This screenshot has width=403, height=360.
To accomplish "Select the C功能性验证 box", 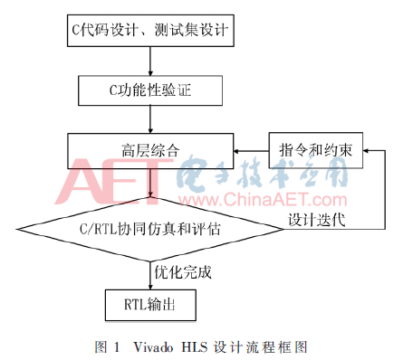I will (150, 89).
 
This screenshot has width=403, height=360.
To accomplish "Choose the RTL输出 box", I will (150, 305).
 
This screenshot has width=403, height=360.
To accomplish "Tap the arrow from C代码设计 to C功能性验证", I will (150, 62).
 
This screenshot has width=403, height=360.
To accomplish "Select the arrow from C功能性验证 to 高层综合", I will (150, 117).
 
